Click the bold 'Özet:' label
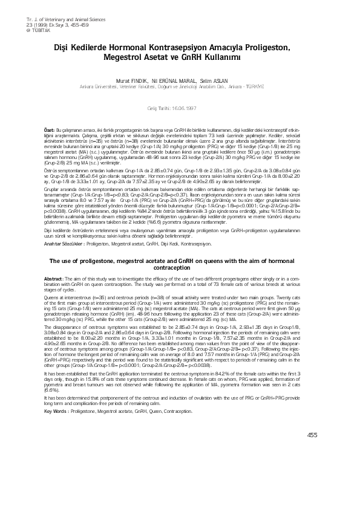[50, 130]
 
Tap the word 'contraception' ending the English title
[180, 267]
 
